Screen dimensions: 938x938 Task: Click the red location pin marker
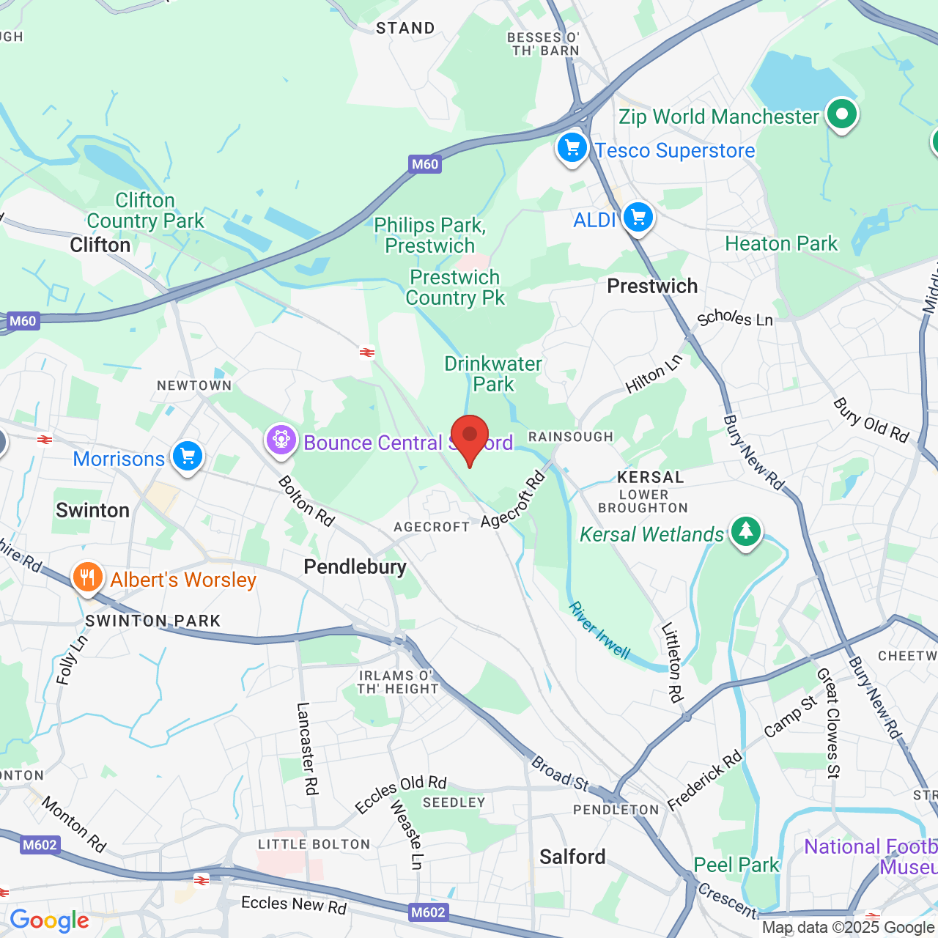pos(470,437)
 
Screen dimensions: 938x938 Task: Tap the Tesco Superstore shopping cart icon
pos(572,148)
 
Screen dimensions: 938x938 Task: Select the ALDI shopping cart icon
pos(638,218)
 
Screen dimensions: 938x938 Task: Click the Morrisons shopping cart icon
pos(188,457)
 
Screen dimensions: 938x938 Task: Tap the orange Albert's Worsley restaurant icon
pos(87,578)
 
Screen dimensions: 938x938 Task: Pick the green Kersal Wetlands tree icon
pos(746,531)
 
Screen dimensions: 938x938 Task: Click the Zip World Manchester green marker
pos(842,114)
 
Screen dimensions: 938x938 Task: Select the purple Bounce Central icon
pos(281,440)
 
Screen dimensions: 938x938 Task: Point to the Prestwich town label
pos(652,286)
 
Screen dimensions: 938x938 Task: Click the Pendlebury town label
pos(355,566)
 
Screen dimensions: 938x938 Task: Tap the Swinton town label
pos(93,510)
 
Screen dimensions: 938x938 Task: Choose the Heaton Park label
pos(781,243)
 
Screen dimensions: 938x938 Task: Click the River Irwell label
pos(599,630)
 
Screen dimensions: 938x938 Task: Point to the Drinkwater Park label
pos(493,374)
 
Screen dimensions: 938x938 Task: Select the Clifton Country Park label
pos(145,210)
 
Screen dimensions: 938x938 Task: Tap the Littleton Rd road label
pos(672,662)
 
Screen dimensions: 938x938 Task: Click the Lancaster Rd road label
pos(307,748)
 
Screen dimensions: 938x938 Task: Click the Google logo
pos(50,920)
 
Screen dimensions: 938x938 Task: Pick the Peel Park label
pos(736,865)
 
